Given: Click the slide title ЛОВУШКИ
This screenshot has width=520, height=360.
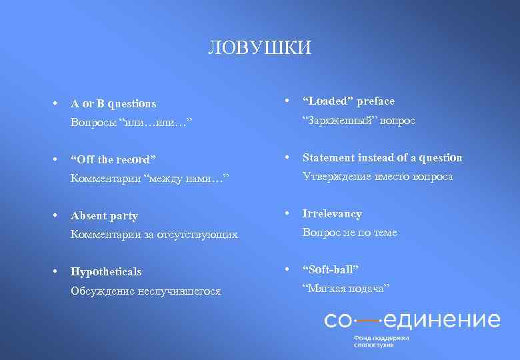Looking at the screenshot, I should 260,48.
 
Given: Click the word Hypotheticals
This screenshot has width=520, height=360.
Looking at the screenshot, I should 106,272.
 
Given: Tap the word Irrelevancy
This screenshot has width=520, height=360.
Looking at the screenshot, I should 332,214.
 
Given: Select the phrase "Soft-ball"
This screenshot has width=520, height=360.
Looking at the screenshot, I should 331,269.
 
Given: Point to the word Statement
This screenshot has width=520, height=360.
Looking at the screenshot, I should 328,158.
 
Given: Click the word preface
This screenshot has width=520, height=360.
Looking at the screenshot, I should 376,101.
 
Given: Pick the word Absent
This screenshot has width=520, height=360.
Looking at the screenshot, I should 87,216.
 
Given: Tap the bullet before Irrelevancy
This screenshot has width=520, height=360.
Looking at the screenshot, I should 287,214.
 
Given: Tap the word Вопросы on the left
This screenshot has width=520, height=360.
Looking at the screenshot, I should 93,123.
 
